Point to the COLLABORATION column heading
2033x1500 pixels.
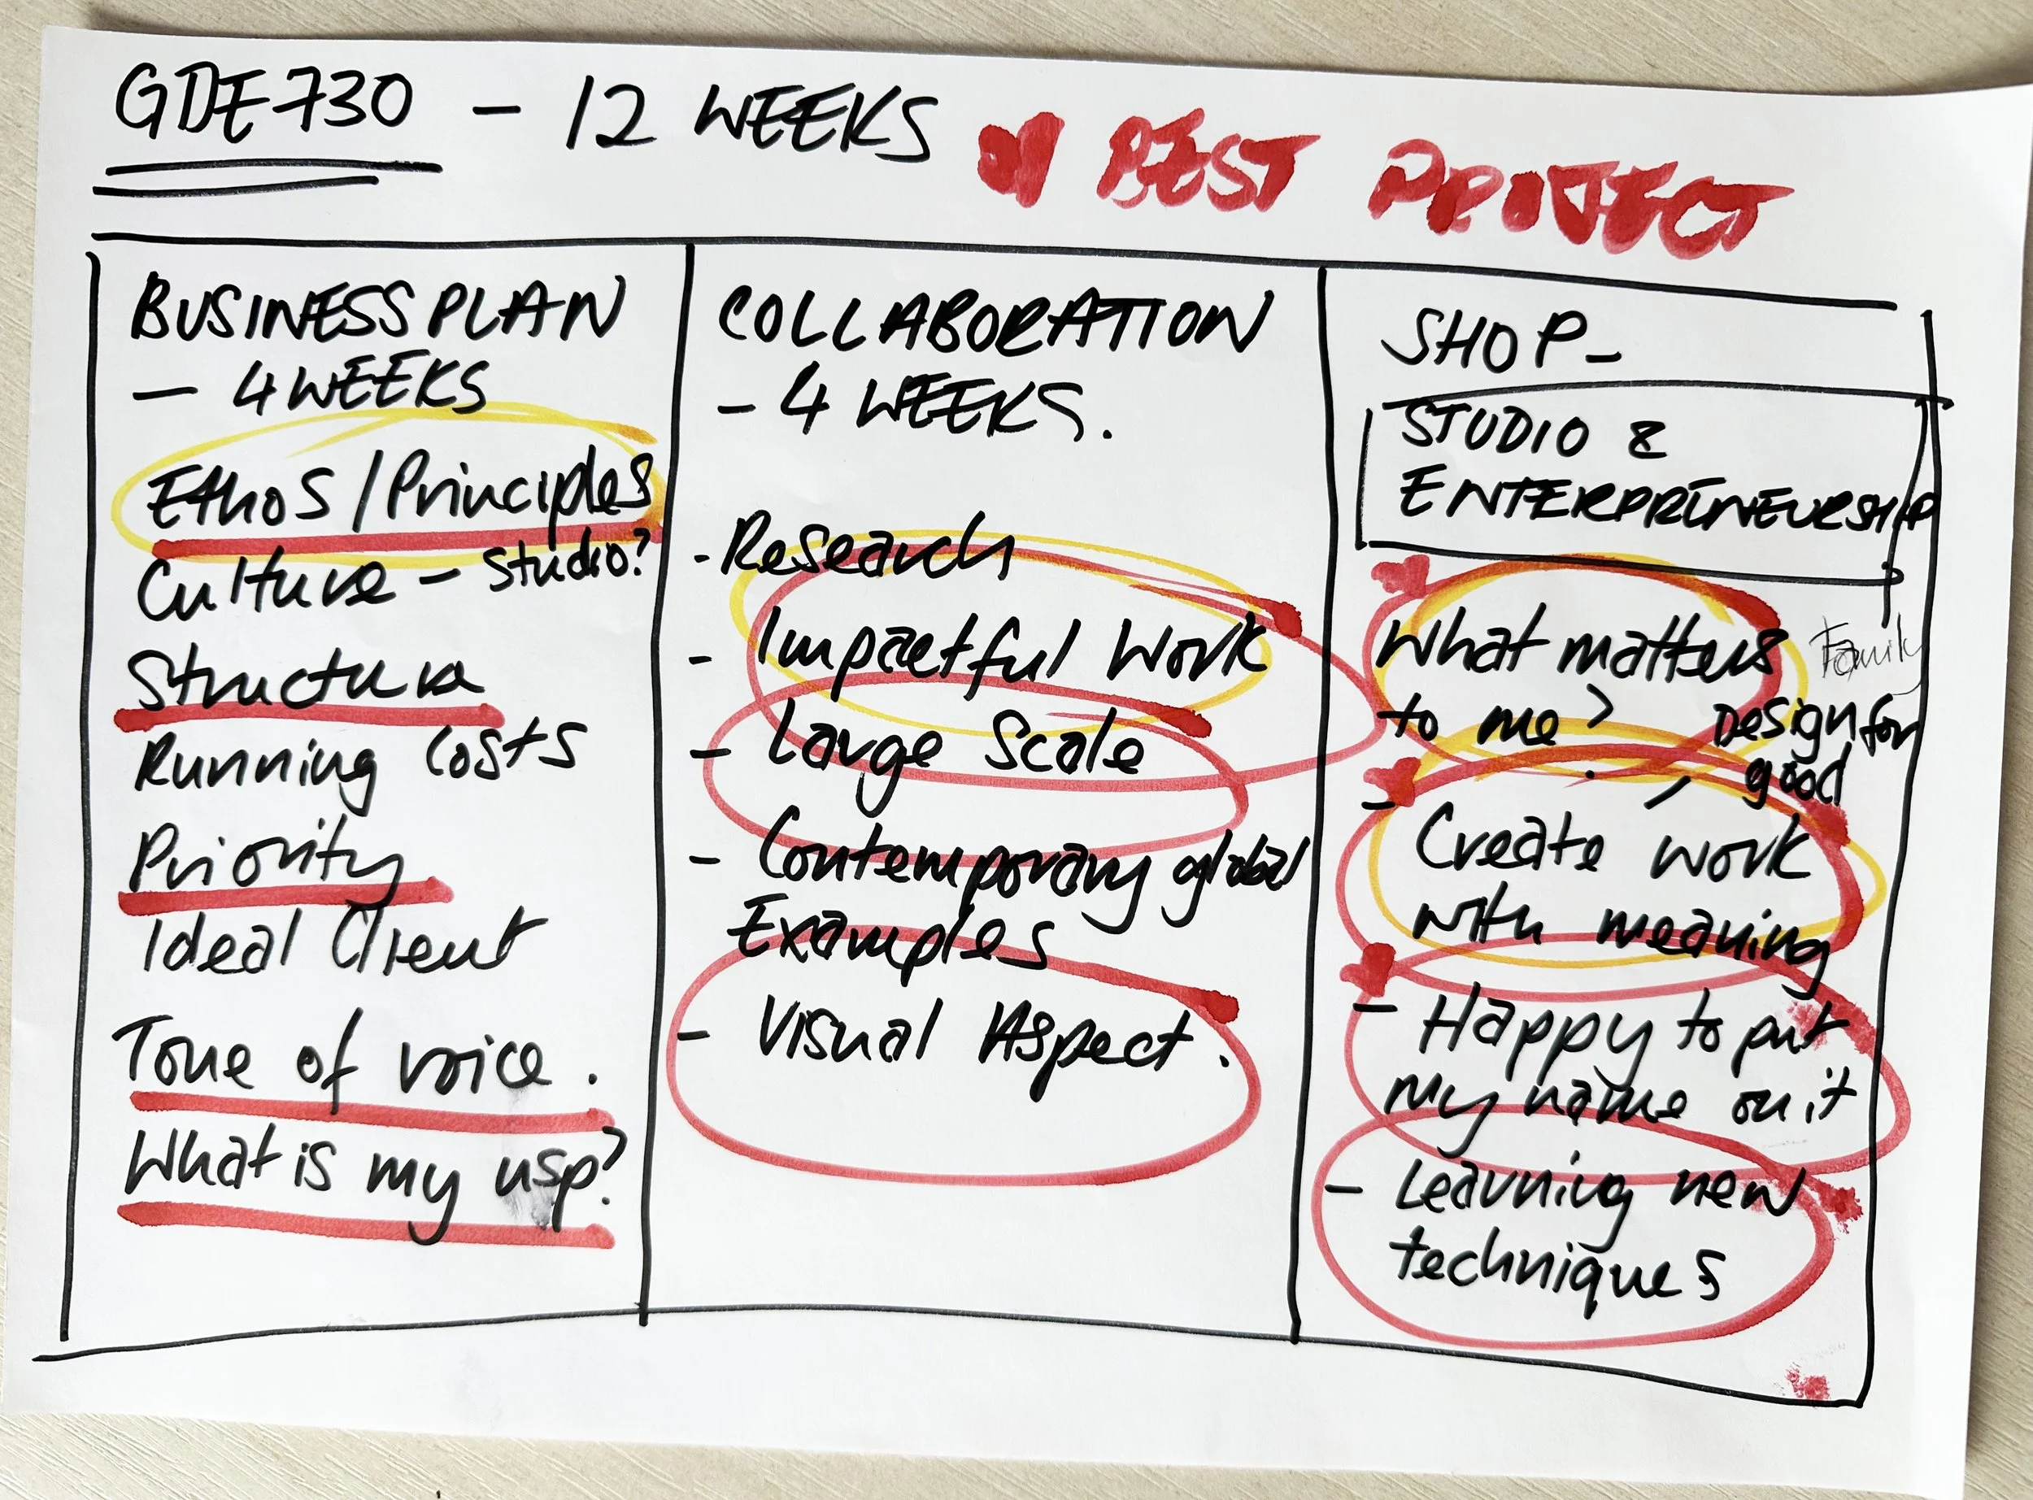pos(990,322)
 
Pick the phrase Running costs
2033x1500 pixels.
pos(354,763)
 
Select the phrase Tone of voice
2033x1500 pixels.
pos(336,1058)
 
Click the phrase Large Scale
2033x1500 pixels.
pos(949,749)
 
